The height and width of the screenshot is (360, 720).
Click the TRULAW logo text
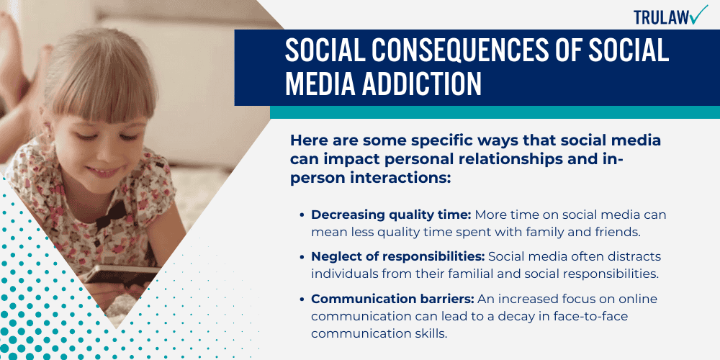coord(660,17)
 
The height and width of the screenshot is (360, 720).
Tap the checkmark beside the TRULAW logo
coord(698,14)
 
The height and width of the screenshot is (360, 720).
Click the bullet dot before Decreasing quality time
coord(302,215)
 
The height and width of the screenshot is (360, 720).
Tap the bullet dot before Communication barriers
coord(302,299)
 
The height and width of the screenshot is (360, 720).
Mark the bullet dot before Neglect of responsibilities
coord(302,257)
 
